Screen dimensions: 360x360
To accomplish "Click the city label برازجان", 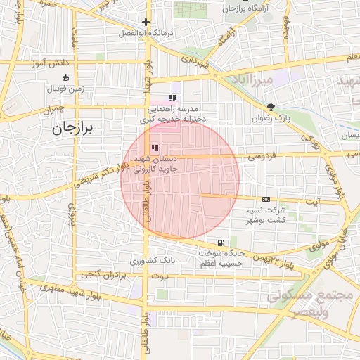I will click(x=77, y=128).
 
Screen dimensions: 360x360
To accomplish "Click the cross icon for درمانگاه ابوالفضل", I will click(x=146, y=22).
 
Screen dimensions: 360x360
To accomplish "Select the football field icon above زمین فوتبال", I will click(x=65, y=77).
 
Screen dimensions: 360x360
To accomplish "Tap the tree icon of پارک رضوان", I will click(x=271, y=107).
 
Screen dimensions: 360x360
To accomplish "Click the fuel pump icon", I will click(x=222, y=243).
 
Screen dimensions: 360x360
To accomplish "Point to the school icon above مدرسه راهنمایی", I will click(x=172, y=98).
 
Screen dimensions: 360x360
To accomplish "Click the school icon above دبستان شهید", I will click(x=154, y=148).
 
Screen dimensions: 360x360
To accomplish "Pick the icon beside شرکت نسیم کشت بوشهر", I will click(x=266, y=200).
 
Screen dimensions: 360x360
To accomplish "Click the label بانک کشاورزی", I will click(x=153, y=260).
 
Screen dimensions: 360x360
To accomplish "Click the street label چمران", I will click(x=52, y=110).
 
